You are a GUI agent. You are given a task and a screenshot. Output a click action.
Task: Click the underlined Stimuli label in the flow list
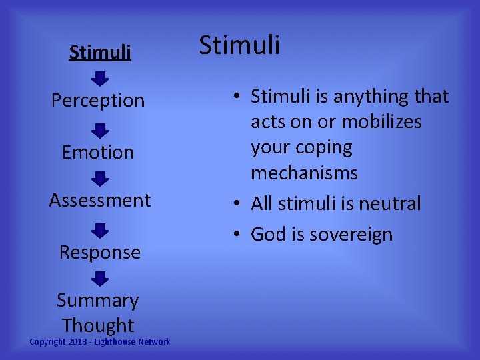tap(100, 52)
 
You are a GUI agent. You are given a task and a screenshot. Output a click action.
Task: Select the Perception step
tap(98, 101)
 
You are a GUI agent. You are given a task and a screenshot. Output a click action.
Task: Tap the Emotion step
tap(98, 153)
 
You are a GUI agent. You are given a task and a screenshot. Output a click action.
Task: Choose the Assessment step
tap(100, 200)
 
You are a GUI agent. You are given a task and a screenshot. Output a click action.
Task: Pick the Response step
tap(100, 253)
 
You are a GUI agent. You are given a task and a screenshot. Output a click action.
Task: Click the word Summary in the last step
tap(98, 301)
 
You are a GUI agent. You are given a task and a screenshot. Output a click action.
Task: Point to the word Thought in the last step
tap(98, 325)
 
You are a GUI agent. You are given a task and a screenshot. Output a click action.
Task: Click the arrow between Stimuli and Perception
tap(99, 79)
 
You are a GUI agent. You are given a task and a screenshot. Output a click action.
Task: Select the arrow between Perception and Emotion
tap(99, 130)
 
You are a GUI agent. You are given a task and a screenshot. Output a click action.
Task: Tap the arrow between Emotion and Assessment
tap(99, 178)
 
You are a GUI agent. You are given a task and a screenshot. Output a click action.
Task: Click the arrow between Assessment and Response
tap(99, 230)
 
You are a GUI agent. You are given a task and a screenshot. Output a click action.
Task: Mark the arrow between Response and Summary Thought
tap(99, 278)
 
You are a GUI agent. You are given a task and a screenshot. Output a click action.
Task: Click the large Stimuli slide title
tap(240, 45)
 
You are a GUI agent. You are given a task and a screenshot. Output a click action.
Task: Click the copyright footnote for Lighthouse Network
tap(100, 342)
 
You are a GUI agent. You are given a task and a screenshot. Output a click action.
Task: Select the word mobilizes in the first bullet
tap(381, 122)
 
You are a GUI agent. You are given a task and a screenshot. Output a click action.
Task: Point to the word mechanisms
tap(304, 173)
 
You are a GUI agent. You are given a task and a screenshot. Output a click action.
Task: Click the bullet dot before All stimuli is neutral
tap(238, 204)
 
